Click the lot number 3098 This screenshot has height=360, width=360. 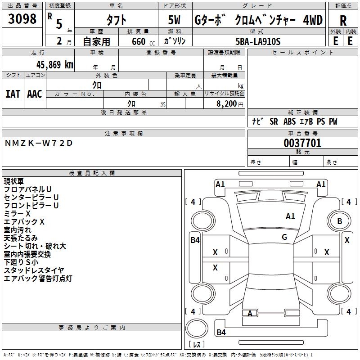coord(22,19)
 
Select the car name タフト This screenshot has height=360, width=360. coord(117,20)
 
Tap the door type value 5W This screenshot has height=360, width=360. coord(174,20)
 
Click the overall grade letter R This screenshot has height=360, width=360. coord(343,20)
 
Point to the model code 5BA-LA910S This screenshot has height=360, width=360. coord(258,41)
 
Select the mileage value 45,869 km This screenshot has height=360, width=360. coord(55,65)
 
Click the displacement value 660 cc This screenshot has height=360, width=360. coord(143,41)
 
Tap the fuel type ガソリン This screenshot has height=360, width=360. coord(175,41)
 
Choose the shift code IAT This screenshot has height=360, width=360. coord(13,94)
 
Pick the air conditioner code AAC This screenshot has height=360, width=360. coord(35,94)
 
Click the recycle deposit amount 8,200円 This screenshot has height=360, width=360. coord(229,104)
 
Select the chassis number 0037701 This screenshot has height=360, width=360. coord(302,143)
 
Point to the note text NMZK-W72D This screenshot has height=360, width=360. coord(39,143)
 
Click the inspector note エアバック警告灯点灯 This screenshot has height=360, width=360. coord(38,278)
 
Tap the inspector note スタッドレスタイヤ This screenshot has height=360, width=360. coord(34,270)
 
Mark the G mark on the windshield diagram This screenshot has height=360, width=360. coord(284,237)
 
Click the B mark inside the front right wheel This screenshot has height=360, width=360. coord(340,221)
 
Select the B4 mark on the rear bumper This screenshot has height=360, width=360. coord(221,332)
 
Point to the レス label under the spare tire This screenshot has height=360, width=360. coord(197,344)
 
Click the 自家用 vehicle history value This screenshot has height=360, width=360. coord(96,41)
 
